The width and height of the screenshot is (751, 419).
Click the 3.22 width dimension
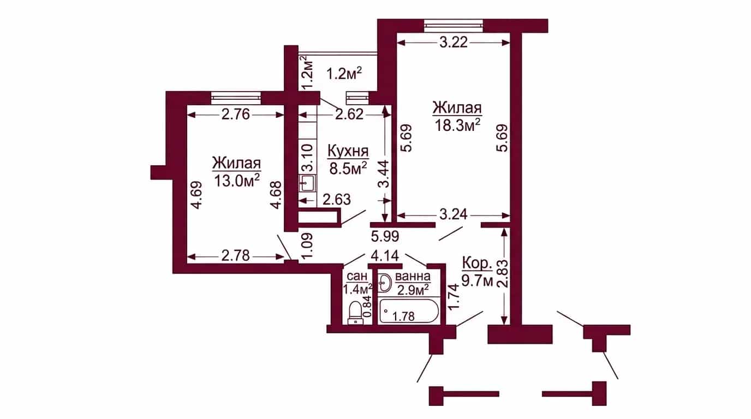coord(454,43)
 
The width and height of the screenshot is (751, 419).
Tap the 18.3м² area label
coord(457,125)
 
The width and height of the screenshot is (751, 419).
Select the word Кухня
coord(348,151)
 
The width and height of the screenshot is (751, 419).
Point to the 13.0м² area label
coord(237,181)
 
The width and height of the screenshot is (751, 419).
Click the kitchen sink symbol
coord(307,184)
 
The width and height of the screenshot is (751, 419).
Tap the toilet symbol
coord(355,313)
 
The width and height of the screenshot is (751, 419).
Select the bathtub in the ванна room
coord(408,311)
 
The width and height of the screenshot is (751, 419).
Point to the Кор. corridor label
coord(477,264)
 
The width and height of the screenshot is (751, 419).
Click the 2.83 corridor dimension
coord(504,275)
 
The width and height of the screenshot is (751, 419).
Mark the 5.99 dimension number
coord(385,237)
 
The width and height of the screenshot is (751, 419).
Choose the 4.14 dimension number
coord(385,256)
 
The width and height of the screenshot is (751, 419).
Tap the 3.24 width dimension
coord(454,214)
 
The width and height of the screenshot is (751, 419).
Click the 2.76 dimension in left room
coord(236,115)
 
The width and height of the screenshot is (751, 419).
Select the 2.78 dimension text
coord(236,256)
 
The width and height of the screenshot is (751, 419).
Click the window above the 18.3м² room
coord(454,26)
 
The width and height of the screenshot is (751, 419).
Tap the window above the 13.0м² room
coord(236,98)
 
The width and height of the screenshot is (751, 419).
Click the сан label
coord(357,277)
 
